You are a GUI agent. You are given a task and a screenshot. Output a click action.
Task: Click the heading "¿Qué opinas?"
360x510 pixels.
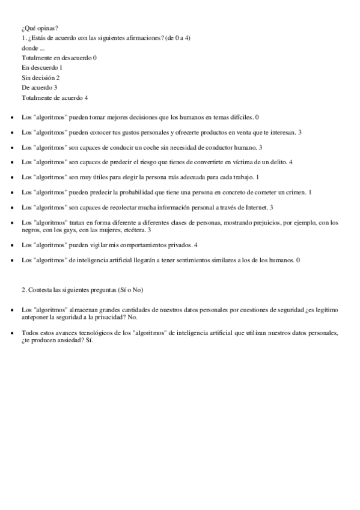tap(40, 28)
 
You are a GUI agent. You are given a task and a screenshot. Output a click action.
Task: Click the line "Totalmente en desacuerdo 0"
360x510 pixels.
tap(59, 58)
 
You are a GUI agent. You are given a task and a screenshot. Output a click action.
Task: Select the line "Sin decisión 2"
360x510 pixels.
tap(40, 78)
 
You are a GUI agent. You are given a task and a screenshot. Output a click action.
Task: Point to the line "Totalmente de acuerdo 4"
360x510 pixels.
tap(55, 97)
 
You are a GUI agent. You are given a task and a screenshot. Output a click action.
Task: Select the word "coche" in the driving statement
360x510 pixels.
tap(157, 147)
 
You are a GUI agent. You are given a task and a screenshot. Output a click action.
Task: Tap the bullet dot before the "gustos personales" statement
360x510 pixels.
tap(13, 132)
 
